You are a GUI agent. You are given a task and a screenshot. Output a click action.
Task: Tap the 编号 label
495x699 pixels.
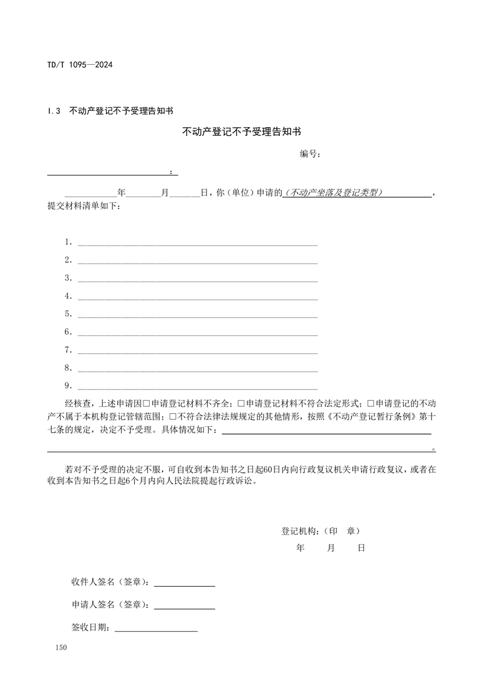[x=310, y=154]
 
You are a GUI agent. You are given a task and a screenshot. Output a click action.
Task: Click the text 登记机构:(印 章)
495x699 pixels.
[x=320, y=531]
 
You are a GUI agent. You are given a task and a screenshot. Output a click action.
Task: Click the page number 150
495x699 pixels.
[x=60, y=649]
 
